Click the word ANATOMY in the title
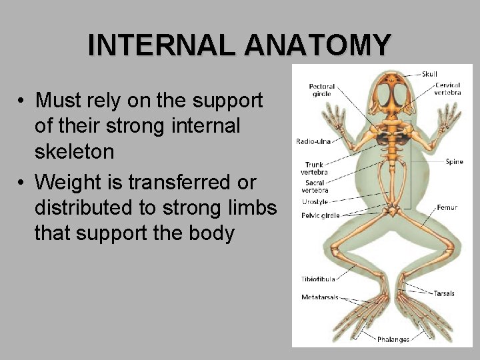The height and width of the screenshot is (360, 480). tap(317, 45)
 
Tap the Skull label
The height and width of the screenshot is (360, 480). tap(429, 74)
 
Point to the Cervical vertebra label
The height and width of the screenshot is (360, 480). tap(447, 89)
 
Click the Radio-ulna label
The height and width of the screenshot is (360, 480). tap(313, 141)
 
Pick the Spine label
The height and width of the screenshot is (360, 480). tap(455, 162)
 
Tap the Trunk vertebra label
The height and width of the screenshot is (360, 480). tap(315, 169)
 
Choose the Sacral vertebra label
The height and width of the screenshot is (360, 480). tap(315, 186)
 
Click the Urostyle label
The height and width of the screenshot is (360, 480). tap(315, 201)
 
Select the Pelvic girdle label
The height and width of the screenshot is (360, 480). tap(321, 215)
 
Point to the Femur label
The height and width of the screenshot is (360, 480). tap(447, 208)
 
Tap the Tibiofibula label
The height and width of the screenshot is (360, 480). tap(318, 279)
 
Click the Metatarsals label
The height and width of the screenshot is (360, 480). tap(320, 297)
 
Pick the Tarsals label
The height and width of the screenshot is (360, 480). tap(444, 293)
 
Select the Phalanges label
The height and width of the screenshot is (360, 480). tap(393, 339)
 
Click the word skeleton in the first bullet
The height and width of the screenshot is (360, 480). tap(74, 152)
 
